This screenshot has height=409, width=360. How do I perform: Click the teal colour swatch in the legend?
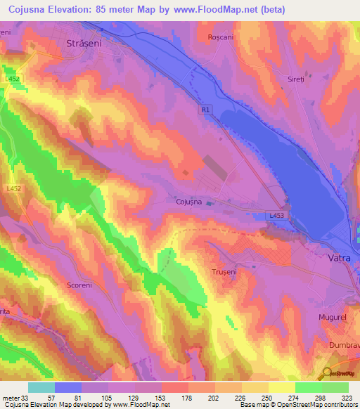click(41, 387)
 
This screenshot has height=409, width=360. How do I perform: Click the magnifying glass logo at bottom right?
click(326, 372)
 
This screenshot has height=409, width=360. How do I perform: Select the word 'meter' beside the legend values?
click(9, 397)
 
